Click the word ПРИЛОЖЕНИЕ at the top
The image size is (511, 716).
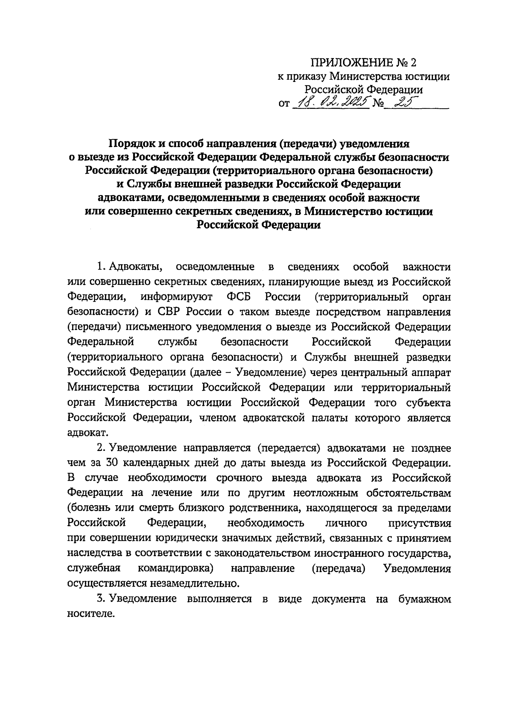pos(352,63)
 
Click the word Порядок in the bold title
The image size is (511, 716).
pos(131,144)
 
